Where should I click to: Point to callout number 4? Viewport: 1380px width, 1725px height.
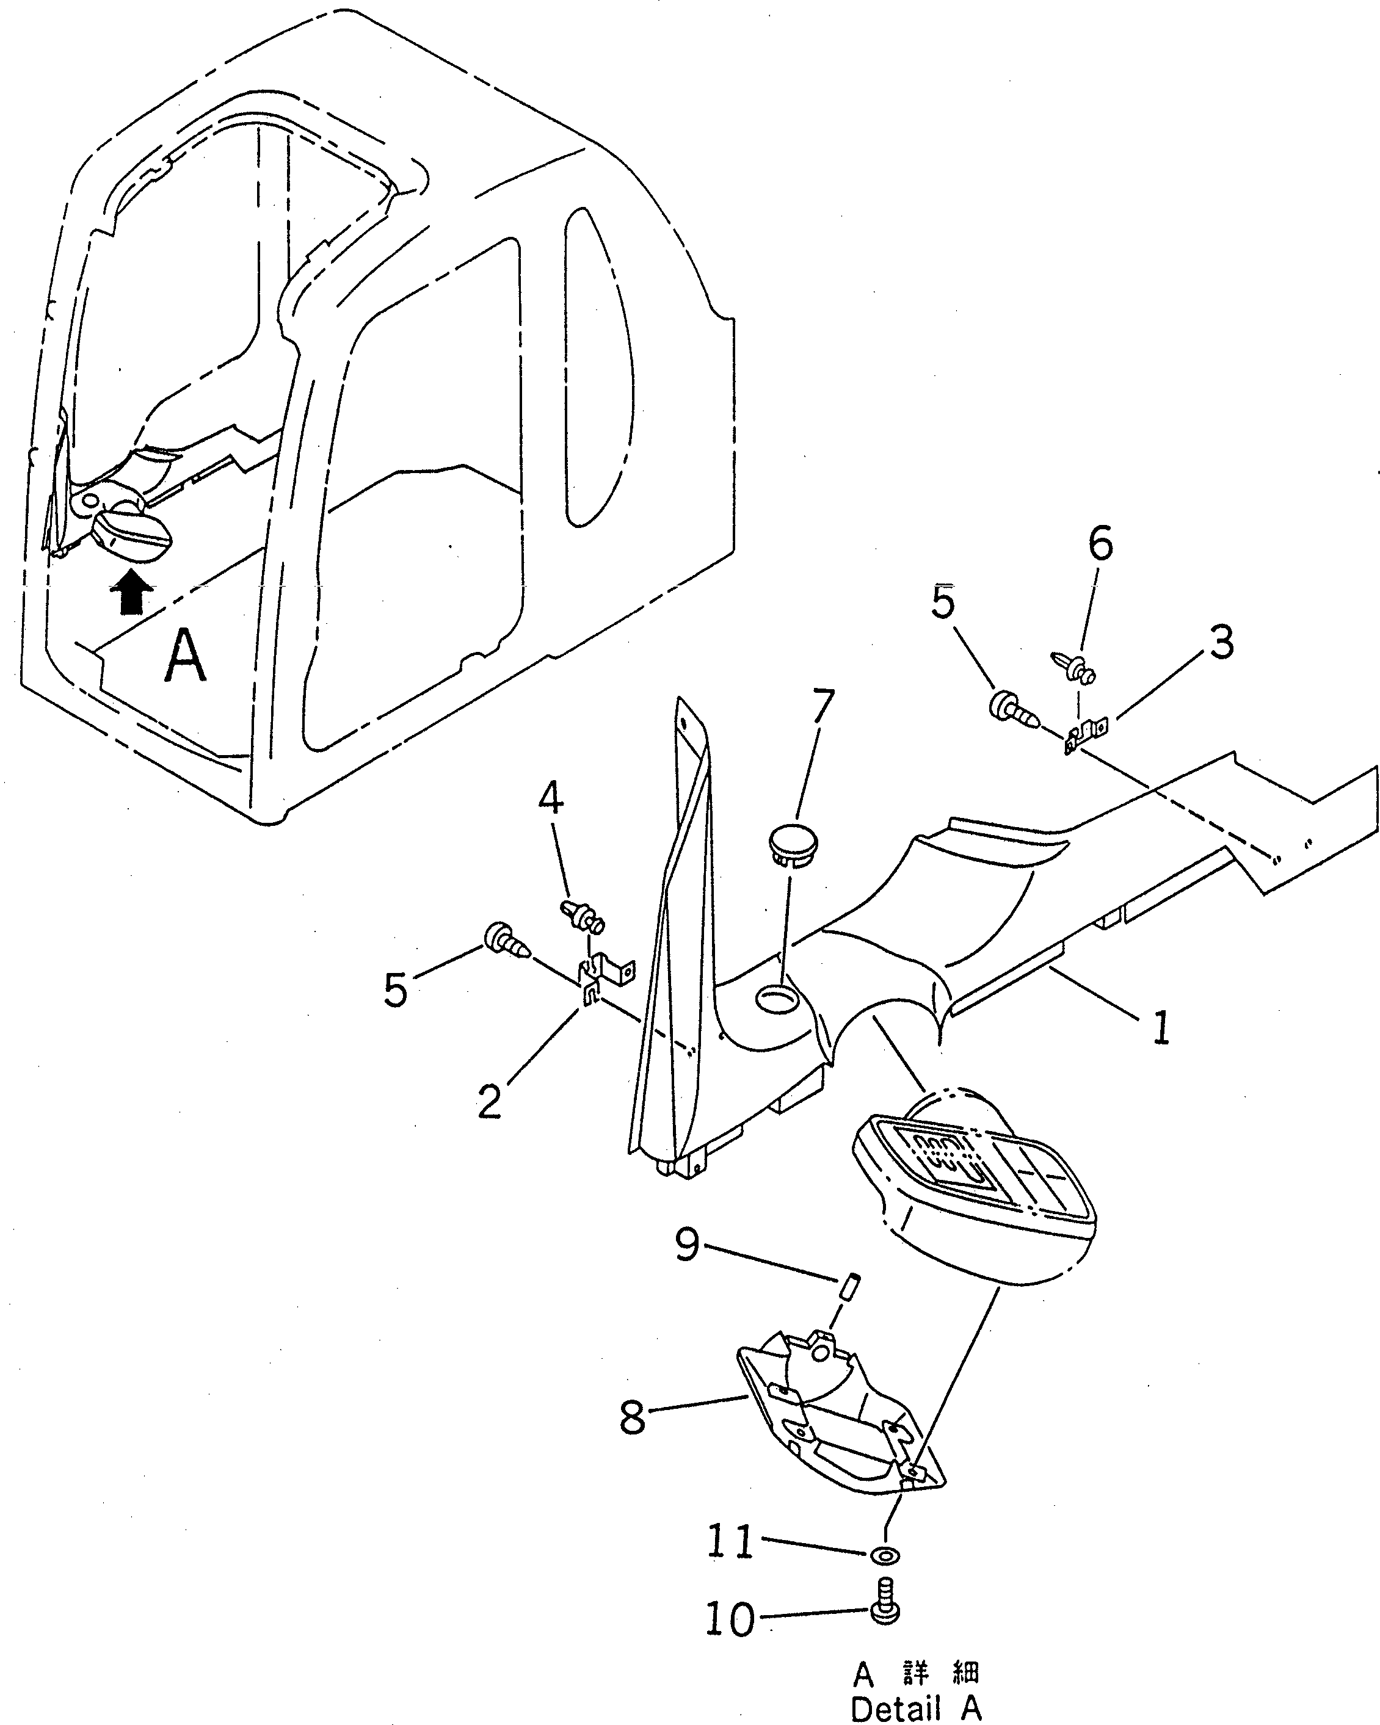(x=550, y=798)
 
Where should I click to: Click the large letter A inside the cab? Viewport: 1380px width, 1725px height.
(x=185, y=656)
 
